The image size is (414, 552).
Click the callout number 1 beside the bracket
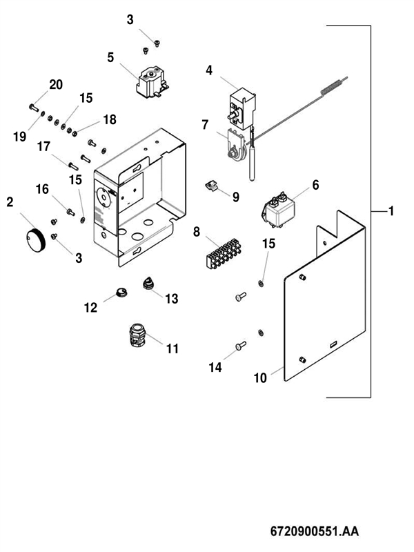tap(391, 211)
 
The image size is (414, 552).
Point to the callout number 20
tap(55, 84)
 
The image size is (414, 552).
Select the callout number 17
tap(44, 146)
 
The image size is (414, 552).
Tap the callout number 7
tap(205, 125)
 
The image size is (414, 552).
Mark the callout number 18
tap(109, 119)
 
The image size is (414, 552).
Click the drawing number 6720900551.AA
tap(314, 533)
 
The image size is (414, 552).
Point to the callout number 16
tap(43, 188)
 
